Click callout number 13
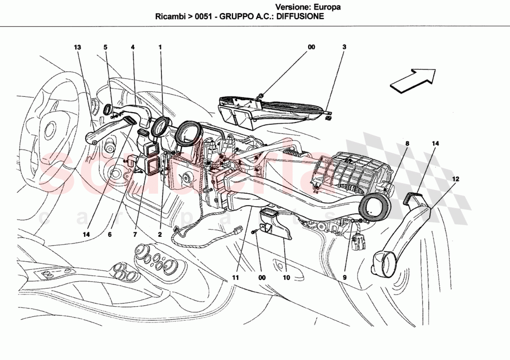(77, 47)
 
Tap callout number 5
(105, 47)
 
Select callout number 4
(133, 47)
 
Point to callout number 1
(160, 47)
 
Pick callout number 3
(344, 47)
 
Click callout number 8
(407, 144)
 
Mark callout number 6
(110, 235)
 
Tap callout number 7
(135, 235)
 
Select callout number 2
(159, 235)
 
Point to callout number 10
(286, 278)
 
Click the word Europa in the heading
(328, 7)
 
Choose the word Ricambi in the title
(170, 16)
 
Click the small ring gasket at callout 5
(107, 109)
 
